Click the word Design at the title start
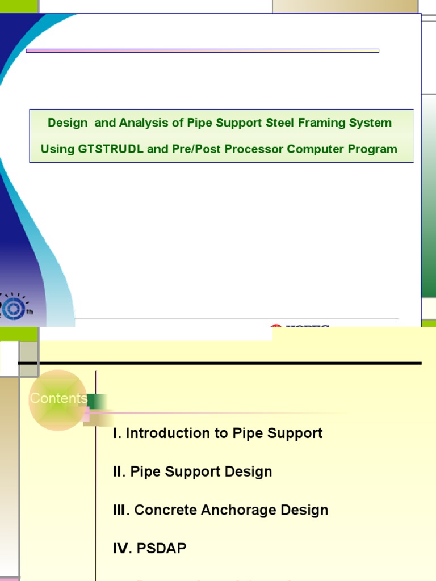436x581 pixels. [68, 123]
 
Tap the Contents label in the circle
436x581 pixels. [58, 398]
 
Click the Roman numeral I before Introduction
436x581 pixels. [116, 433]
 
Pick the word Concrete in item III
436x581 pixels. [160, 510]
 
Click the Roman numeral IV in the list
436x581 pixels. [121, 549]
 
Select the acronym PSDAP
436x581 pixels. [162, 549]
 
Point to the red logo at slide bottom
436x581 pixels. [276, 327]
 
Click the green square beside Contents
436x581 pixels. [97, 401]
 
